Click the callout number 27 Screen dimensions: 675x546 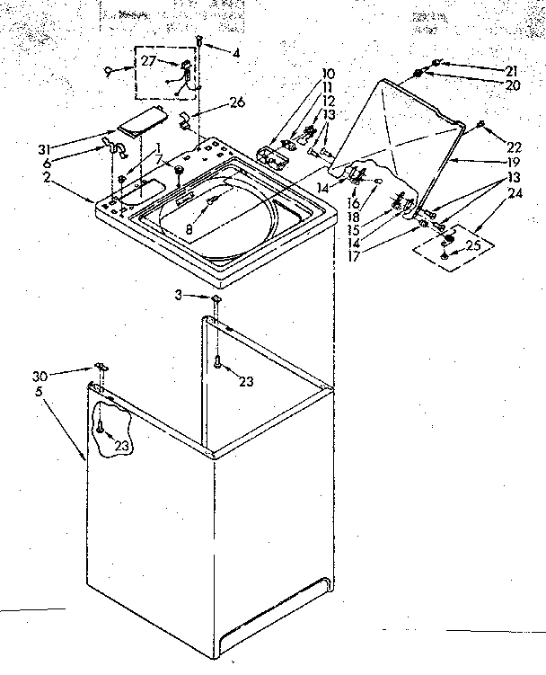click(x=148, y=62)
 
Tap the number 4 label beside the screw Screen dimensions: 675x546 click(x=235, y=54)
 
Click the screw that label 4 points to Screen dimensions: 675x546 click(x=198, y=40)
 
